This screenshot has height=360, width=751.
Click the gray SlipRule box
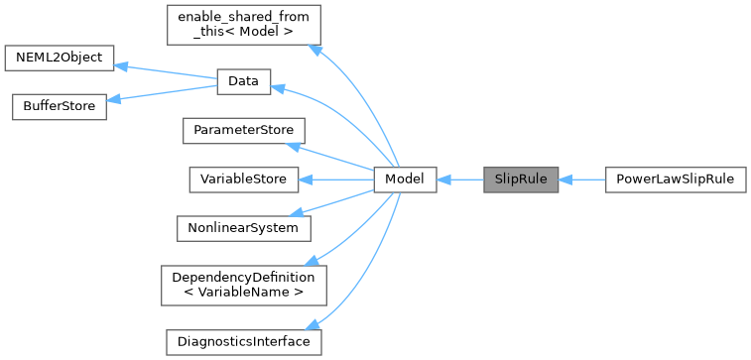[x=520, y=180]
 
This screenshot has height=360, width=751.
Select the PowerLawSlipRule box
[x=675, y=180]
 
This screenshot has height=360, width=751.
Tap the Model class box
[x=405, y=180]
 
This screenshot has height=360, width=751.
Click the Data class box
[x=243, y=82]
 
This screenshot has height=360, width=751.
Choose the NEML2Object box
[x=60, y=58]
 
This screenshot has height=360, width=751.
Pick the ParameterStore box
[x=243, y=131]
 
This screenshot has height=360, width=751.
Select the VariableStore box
[x=243, y=180]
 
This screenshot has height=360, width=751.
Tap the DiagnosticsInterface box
[x=243, y=341]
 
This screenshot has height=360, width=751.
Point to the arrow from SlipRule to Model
[x=459, y=180]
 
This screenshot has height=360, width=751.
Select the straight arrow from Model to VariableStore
[x=337, y=180]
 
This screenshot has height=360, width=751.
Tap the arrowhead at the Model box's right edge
[x=443, y=180]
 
